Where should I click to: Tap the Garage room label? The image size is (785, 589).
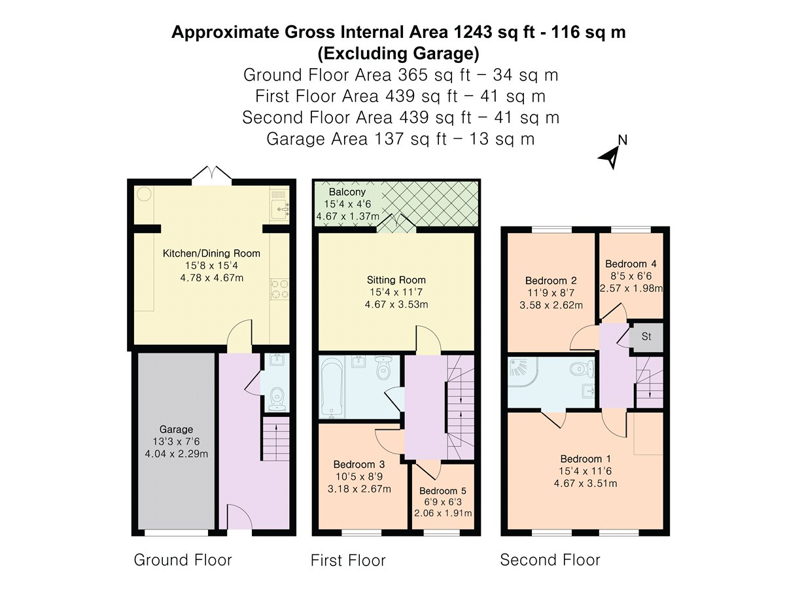(x=176, y=429)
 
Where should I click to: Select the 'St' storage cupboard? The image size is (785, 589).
(x=646, y=337)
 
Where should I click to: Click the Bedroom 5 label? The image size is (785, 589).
(x=443, y=491)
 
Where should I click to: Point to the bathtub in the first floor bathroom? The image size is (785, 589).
(x=332, y=387)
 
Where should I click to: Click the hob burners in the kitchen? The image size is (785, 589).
(x=279, y=289)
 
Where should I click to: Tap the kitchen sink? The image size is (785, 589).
(x=280, y=209)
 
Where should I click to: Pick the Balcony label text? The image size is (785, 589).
(x=347, y=192)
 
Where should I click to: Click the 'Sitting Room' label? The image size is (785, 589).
(x=396, y=279)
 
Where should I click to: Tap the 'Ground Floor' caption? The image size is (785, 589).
(x=183, y=560)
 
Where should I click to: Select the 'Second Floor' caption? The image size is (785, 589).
(x=550, y=560)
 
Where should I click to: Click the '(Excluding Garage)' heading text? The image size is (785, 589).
(x=398, y=54)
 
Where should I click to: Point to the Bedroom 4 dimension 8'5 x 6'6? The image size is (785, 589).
(x=631, y=276)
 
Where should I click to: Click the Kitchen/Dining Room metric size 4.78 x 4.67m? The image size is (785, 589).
(x=212, y=277)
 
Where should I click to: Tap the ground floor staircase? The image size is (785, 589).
(x=276, y=438)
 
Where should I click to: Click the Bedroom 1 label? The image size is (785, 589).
(x=585, y=459)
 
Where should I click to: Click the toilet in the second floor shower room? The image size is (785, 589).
(x=583, y=369)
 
